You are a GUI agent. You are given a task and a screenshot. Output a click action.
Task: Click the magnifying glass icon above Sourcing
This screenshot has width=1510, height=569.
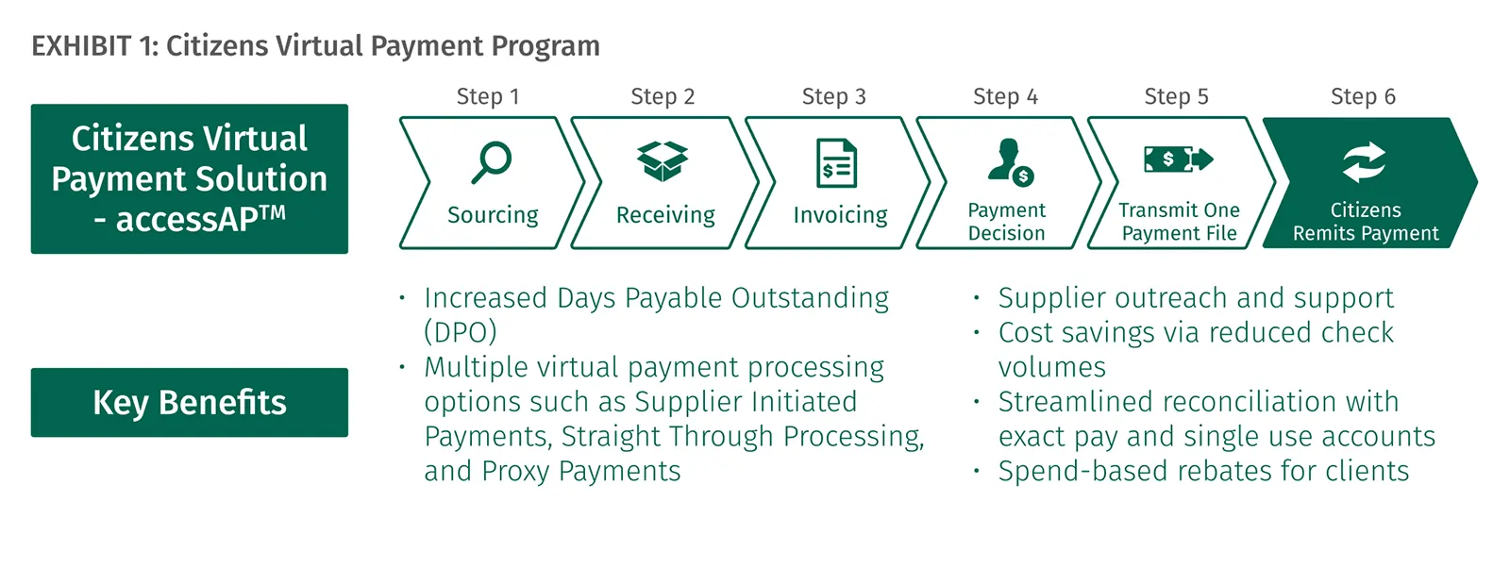tap(492, 161)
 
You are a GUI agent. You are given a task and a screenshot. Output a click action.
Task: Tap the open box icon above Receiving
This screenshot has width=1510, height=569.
tap(663, 161)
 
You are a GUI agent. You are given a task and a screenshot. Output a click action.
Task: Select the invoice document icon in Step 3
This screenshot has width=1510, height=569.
tap(836, 162)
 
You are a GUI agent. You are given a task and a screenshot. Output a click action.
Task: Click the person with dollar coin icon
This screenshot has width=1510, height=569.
tap(1010, 161)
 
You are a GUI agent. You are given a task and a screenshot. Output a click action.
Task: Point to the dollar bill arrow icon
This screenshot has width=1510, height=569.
tap(1179, 159)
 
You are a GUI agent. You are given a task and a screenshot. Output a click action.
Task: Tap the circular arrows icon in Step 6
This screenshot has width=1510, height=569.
tap(1364, 162)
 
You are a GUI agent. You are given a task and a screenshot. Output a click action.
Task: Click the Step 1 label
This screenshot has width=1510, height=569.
tap(487, 97)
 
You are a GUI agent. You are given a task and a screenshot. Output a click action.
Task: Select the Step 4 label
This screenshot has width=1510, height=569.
tap(1005, 97)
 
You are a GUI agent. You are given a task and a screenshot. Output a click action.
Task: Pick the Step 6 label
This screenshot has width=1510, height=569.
tap(1363, 97)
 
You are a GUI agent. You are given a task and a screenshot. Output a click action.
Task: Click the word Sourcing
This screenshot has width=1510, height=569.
tap(493, 215)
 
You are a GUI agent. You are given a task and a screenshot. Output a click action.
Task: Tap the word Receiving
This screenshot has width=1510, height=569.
tap(665, 215)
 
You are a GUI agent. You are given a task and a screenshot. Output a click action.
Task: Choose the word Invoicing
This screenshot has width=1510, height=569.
tap(840, 215)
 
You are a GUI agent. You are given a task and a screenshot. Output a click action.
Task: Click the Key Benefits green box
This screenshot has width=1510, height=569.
tap(190, 403)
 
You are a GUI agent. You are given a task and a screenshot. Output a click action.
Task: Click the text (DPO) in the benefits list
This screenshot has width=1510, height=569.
tap(461, 332)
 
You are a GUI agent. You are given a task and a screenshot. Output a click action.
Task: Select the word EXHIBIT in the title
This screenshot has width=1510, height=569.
tap(81, 46)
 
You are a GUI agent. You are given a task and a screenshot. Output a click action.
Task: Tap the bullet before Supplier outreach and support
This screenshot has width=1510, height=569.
tap(976, 296)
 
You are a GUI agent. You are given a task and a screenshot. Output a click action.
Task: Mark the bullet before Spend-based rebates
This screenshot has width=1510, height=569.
tap(976, 471)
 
